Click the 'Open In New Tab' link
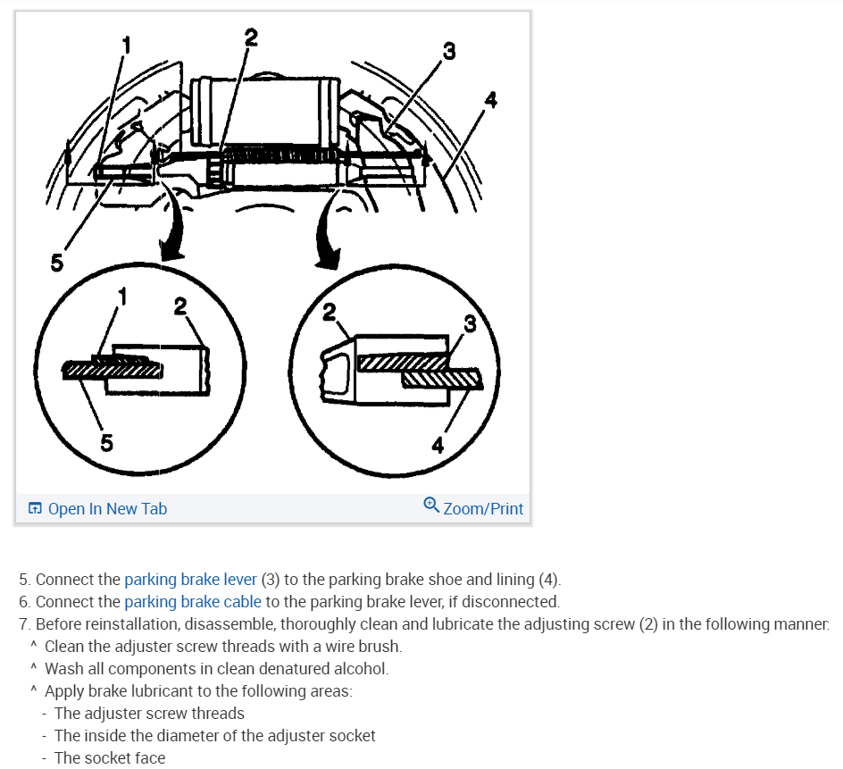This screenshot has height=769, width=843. pyautogui.click(x=107, y=509)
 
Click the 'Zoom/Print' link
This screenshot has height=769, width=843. pyautogui.click(x=483, y=509)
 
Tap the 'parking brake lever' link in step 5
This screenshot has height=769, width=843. pyautogui.click(x=190, y=580)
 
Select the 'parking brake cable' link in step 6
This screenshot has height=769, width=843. pyautogui.click(x=193, y=602)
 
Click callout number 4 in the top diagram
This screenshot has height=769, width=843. pyautogui.click(x=489, y=100)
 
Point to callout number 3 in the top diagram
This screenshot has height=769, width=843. pyautogui.click(x=448, y=53)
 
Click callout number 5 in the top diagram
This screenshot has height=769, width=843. pyautogui.click(x=57, y=263)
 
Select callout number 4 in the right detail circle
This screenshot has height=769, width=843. pyautogui.click(x=438, y=445)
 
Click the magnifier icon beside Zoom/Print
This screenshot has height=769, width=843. pyautogui.click(x=431, y=506)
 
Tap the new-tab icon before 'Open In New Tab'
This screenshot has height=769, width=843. pyautogui.click(x=35, y=509)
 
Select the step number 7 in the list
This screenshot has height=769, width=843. pyautogui.click(x=24, y=624)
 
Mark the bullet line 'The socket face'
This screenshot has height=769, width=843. pyautogui.click(x=110, y=757)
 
